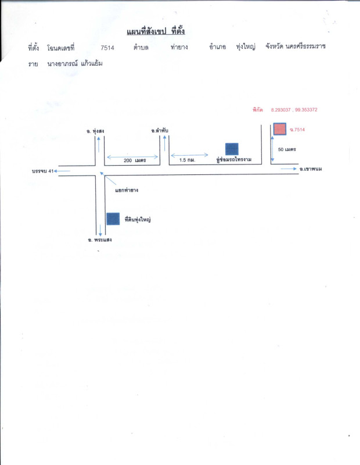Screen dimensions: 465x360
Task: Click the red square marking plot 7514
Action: pos(280,129)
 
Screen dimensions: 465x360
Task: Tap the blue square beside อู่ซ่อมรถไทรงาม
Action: pos(232,149)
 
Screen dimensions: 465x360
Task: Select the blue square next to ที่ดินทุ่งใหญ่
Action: pos(114,219)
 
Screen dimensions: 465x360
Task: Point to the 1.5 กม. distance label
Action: pos(187,159)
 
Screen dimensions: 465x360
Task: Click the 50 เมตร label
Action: pos(287,149)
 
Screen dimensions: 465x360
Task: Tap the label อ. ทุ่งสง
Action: pos(94,131)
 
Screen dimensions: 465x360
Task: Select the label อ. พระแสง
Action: pos(99,239)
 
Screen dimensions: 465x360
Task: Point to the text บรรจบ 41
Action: pos(44,171)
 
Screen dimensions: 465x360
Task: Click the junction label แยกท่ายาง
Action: pos(126,190)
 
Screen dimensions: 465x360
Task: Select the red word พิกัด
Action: pos(258,109)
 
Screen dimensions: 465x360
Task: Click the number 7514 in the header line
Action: pos(107,48)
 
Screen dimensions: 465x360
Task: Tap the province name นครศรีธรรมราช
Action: pos(306,46)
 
